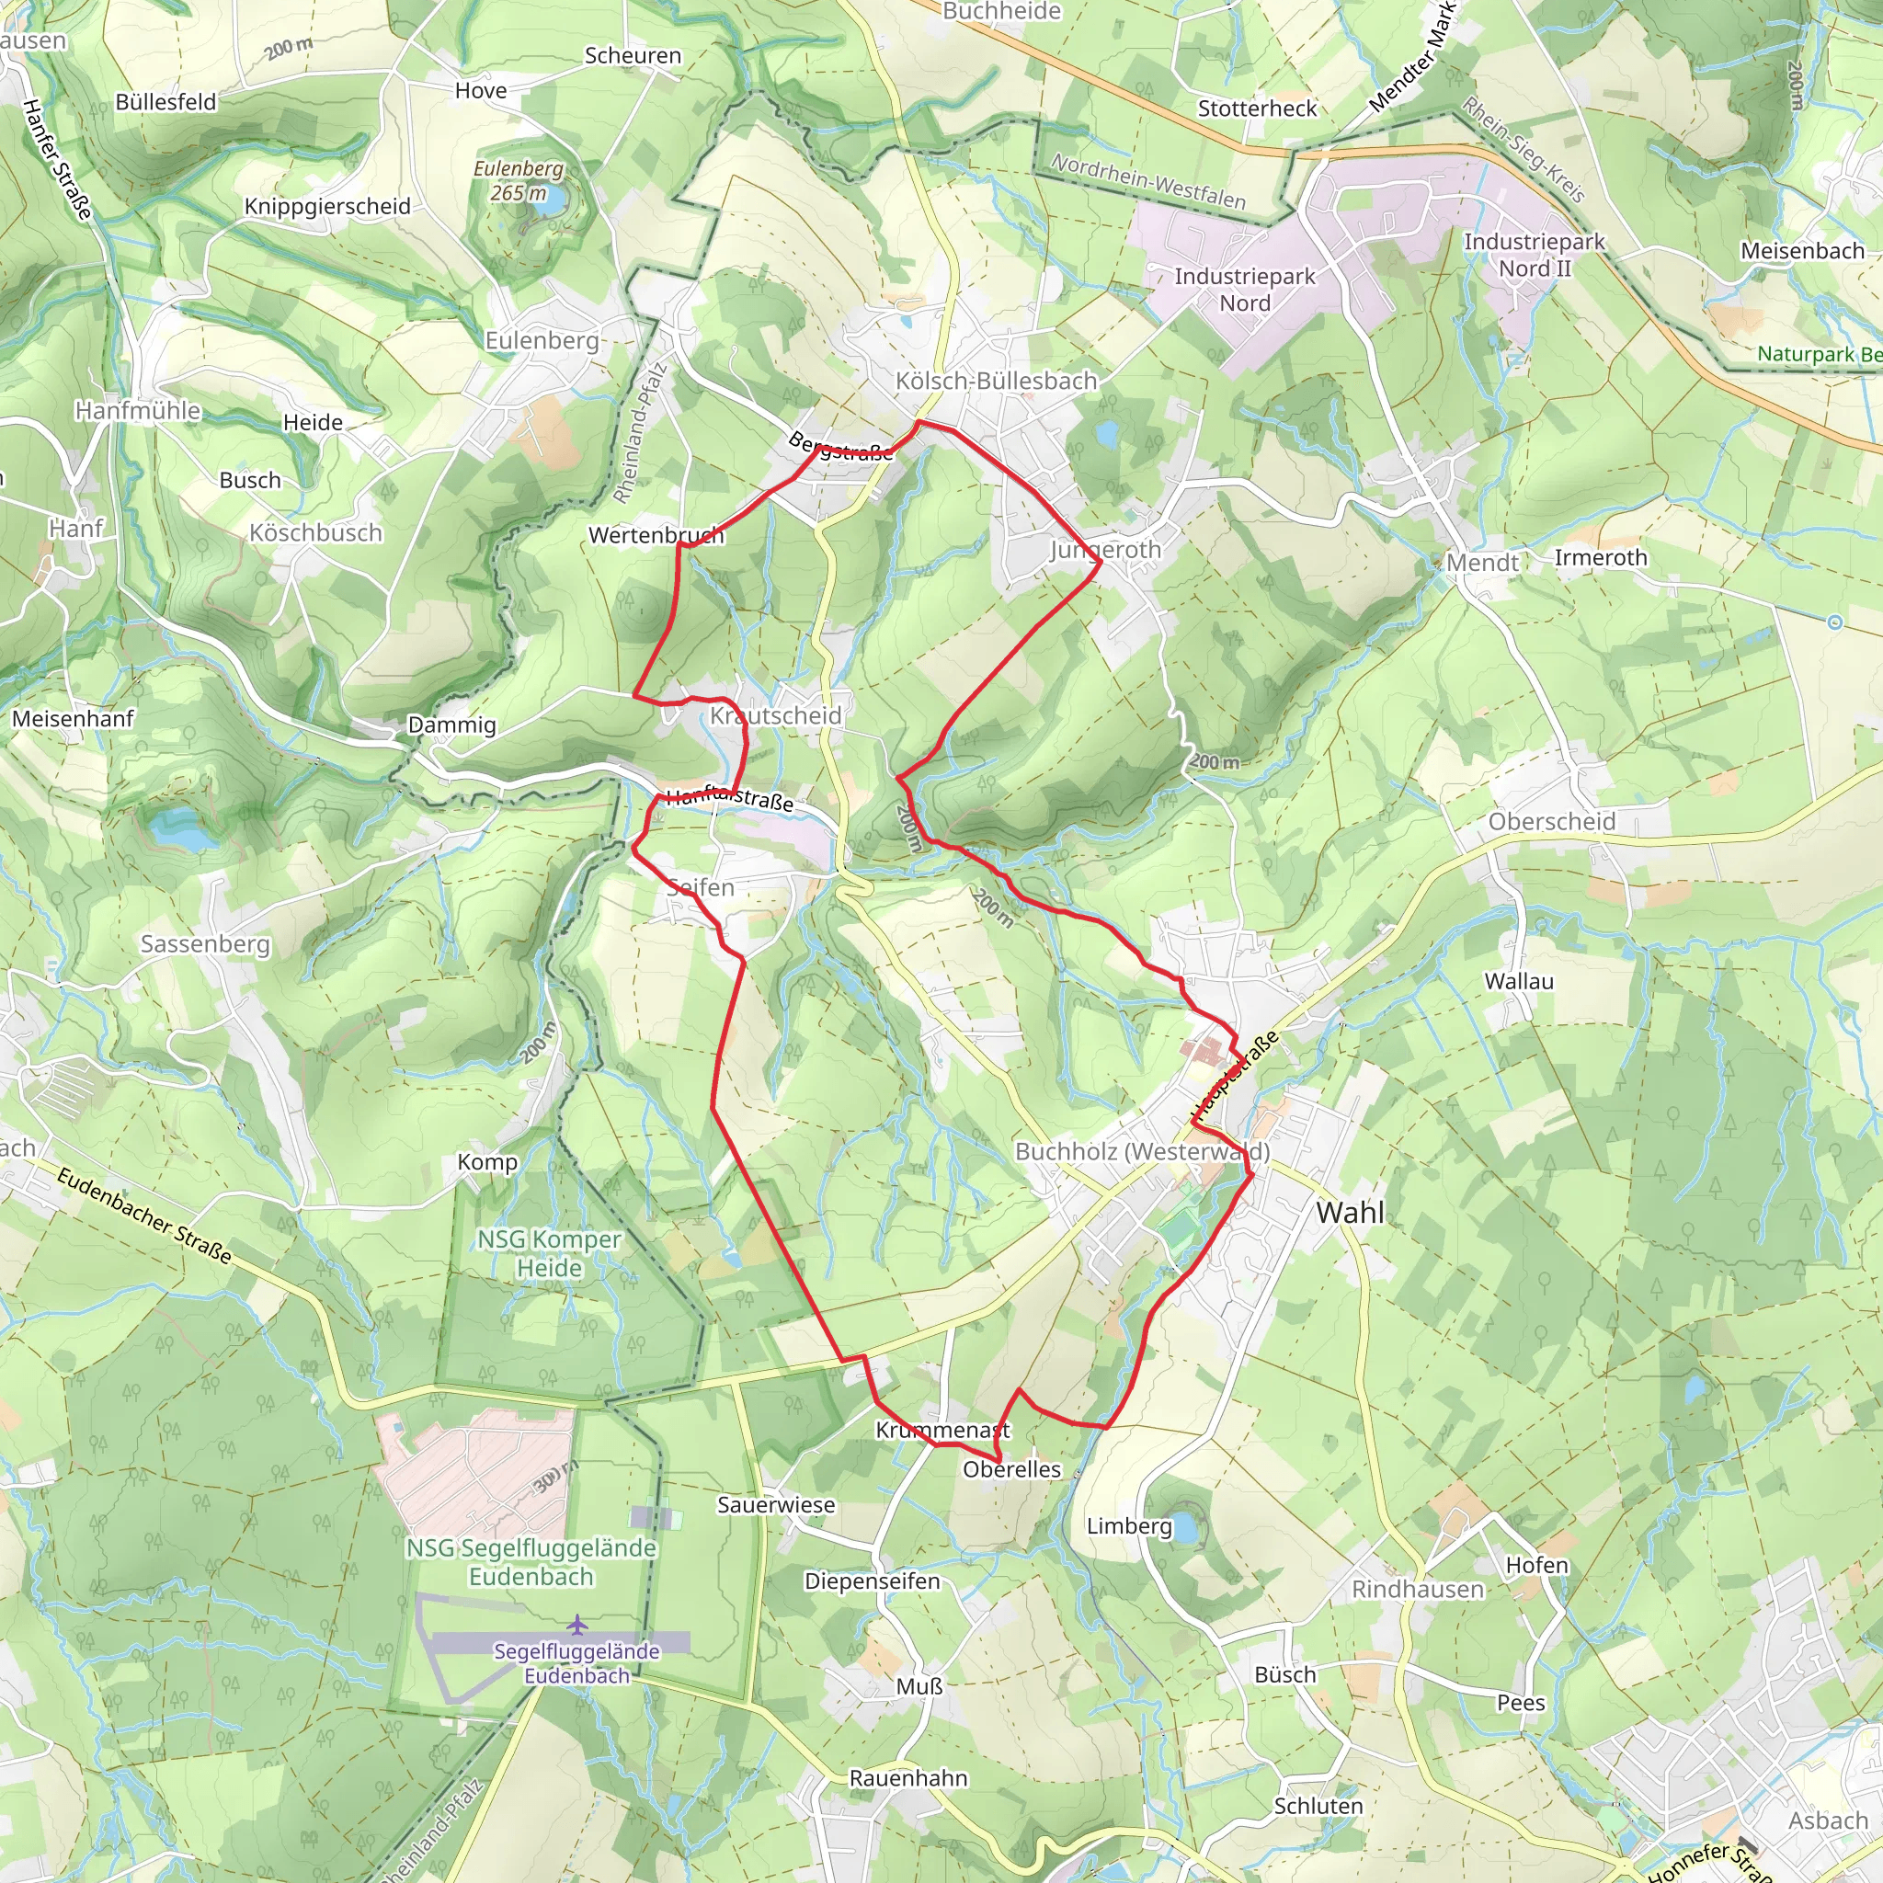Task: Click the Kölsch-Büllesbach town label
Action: coord(996,381)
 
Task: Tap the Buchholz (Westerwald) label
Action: coord(1142,1152)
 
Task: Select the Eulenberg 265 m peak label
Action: coord(519,180)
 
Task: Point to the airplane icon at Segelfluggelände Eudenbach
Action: coord(577,1624)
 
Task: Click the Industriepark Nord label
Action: coord(1245,290)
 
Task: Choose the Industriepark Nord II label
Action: coord(1535,255)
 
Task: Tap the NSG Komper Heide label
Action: coord(549,1253)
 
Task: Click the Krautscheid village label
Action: coord(775,715)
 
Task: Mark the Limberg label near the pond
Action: coord(1129,1526)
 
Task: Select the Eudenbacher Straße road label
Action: coord(144,1216)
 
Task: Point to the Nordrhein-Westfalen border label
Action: coord(1148,182)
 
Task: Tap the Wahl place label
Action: coord(1350,1213)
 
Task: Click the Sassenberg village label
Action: coord(205,943)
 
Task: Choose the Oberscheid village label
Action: coord(1552,822)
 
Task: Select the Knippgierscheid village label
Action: coord(327,207)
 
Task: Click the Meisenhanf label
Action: coord(74,718)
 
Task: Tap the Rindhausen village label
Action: coord(1417,1590)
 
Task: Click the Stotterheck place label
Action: coord(1257,108)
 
